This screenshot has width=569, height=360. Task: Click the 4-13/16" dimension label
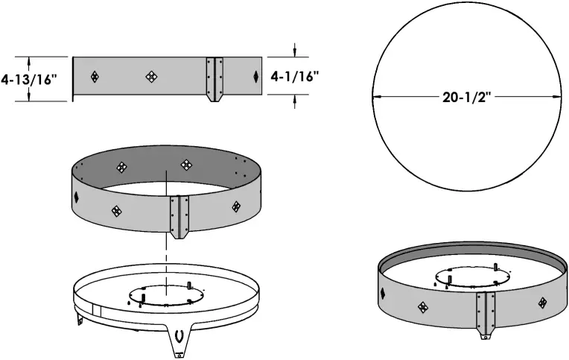pyautogui.click(x=30, y=78)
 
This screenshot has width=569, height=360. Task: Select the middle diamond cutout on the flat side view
pyautogui.click(x=151, y=76)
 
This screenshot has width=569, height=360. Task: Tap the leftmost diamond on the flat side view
pyautogui.click(x=95, y=76)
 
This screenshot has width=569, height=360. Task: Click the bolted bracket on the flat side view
pyautogui.click(x=215, y=78)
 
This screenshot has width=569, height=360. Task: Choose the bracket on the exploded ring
pyautogui.click(x=178, y=217)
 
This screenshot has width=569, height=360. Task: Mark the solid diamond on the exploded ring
pyautogui.click(x=77, y=197)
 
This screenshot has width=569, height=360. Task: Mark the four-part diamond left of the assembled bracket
pyautogui.click(x=423, y=306)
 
